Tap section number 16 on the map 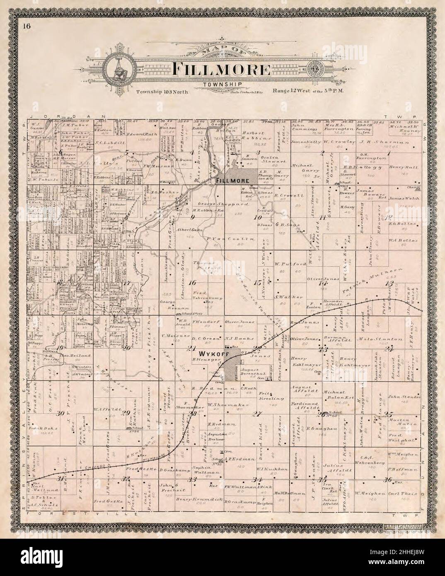[192, 283]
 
